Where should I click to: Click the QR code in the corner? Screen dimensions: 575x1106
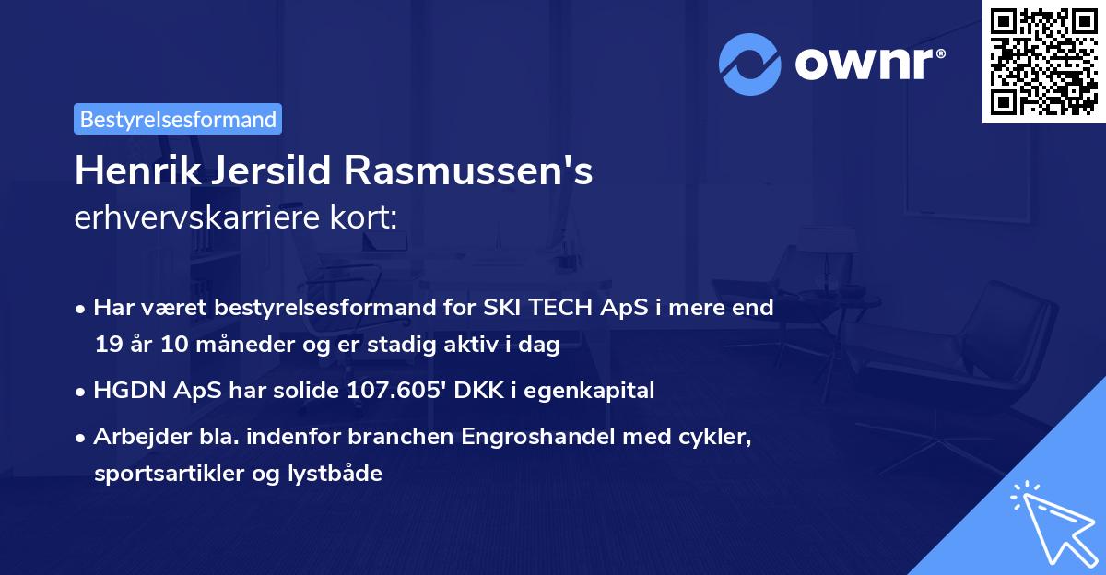1043,61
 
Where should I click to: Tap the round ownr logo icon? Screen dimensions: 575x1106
752,64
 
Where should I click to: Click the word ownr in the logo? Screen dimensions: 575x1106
867,65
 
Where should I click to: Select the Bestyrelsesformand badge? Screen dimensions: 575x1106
178,119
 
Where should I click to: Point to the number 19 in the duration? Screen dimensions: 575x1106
106,346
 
